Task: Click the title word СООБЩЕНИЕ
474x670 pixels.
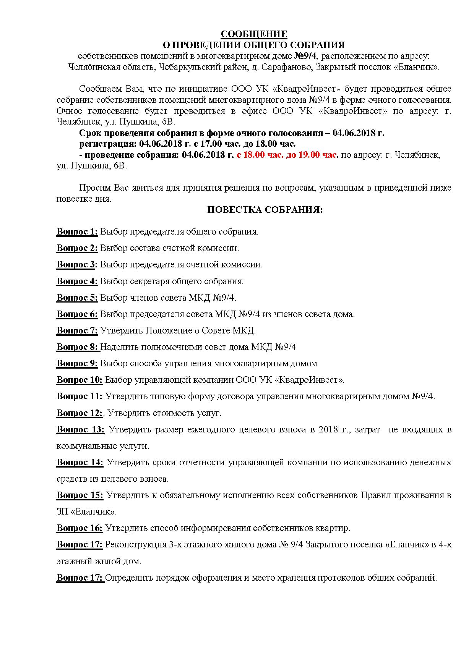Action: (254, 34)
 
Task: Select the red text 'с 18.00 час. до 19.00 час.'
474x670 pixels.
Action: (287, 155)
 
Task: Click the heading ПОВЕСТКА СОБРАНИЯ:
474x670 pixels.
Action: (265, 210)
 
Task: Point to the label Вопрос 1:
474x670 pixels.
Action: (77, 232)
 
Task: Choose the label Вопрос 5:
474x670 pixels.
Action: (77, 298)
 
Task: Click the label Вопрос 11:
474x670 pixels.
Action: (80, 396)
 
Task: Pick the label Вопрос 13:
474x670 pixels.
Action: (80, 430)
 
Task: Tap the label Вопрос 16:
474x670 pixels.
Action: (80, 528)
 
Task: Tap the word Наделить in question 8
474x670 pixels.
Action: (119, 347)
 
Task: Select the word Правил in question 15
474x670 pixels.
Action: (374, 495)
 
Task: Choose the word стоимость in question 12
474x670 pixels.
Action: (170, 413)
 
